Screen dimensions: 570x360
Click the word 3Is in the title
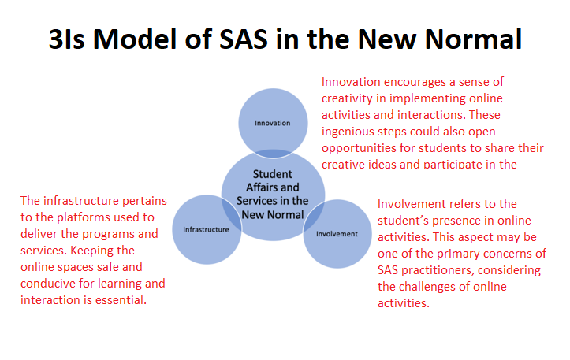pos(67,39)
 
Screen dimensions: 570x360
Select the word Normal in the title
pos(474,39)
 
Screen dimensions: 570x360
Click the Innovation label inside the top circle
pos(272,123)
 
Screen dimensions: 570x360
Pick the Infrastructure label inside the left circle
pos(206,229)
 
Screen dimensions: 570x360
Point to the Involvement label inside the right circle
pos(337,234)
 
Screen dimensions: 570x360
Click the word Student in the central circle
pos(273,174)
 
